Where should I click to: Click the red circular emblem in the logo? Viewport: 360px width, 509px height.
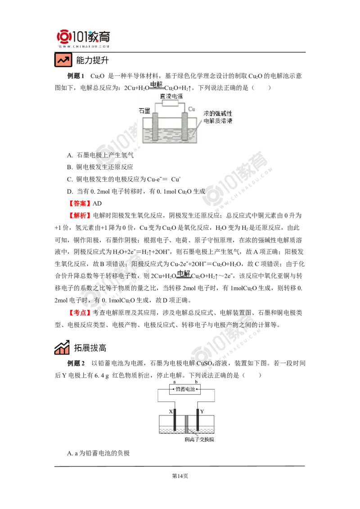coord(63,36)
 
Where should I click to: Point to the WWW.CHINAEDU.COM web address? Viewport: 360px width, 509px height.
coord(84,46)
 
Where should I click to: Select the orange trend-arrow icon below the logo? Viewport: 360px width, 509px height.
coord(63,60)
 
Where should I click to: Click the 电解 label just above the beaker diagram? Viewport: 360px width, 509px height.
coord(156,84)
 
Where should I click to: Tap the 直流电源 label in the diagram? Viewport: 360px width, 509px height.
coord(171,96)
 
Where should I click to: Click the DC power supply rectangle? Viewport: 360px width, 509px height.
coord(171,103)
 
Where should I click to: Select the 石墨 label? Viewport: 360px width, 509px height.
coord(144,110)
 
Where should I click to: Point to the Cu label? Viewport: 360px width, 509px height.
coord(191,109)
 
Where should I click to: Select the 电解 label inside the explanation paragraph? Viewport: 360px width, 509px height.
coord(184,273)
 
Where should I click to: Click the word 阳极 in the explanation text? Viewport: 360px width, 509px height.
coord(137,264)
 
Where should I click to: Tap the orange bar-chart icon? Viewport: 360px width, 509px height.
coord(61,348)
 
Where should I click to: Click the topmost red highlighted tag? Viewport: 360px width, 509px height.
coord(79,203)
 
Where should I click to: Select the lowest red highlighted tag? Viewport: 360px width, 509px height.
coord(79,313)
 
